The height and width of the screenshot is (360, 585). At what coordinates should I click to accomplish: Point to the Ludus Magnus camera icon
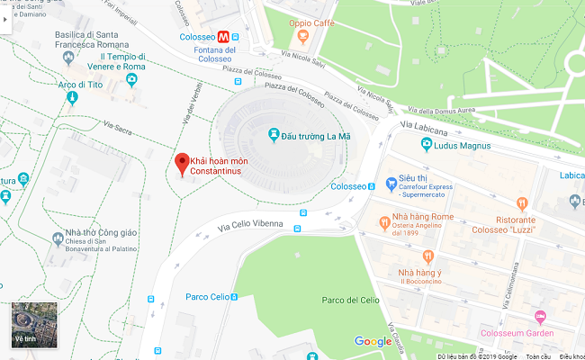point(426,145)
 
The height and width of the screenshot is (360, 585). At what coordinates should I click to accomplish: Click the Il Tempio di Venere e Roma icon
point(132,80)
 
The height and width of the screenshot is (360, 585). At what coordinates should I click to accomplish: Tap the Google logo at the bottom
point(373,341)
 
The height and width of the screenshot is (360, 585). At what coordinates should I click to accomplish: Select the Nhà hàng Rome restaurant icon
point(383,222)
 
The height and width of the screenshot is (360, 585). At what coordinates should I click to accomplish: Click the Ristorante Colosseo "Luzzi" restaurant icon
point(523,204)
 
